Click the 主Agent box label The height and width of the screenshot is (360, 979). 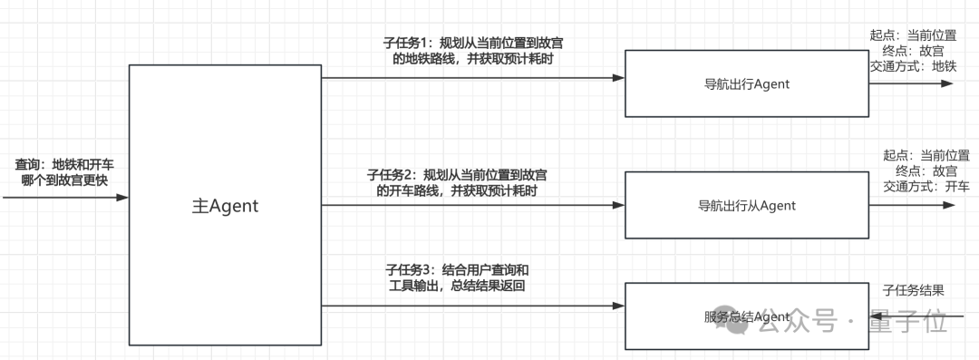click(x=225, y=207)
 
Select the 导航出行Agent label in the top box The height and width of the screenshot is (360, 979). click(x=746, y=84)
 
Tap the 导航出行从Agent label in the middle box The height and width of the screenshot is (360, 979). click(x=746, y=206)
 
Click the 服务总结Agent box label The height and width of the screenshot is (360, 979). click(x=746, y=316)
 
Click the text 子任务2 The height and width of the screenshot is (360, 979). click(x=392, y=174)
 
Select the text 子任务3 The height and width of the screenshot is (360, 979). click(x=410, y=269)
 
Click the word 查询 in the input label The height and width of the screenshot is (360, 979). click(x=27, y=165)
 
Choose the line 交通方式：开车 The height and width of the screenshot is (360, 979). click(x=926, y=187)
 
